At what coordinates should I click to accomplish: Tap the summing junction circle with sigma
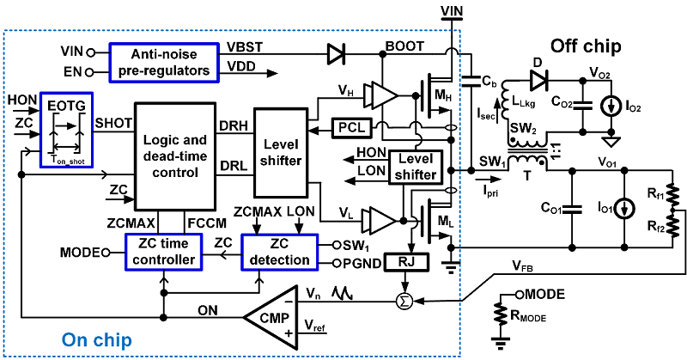[x=400, y=300]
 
